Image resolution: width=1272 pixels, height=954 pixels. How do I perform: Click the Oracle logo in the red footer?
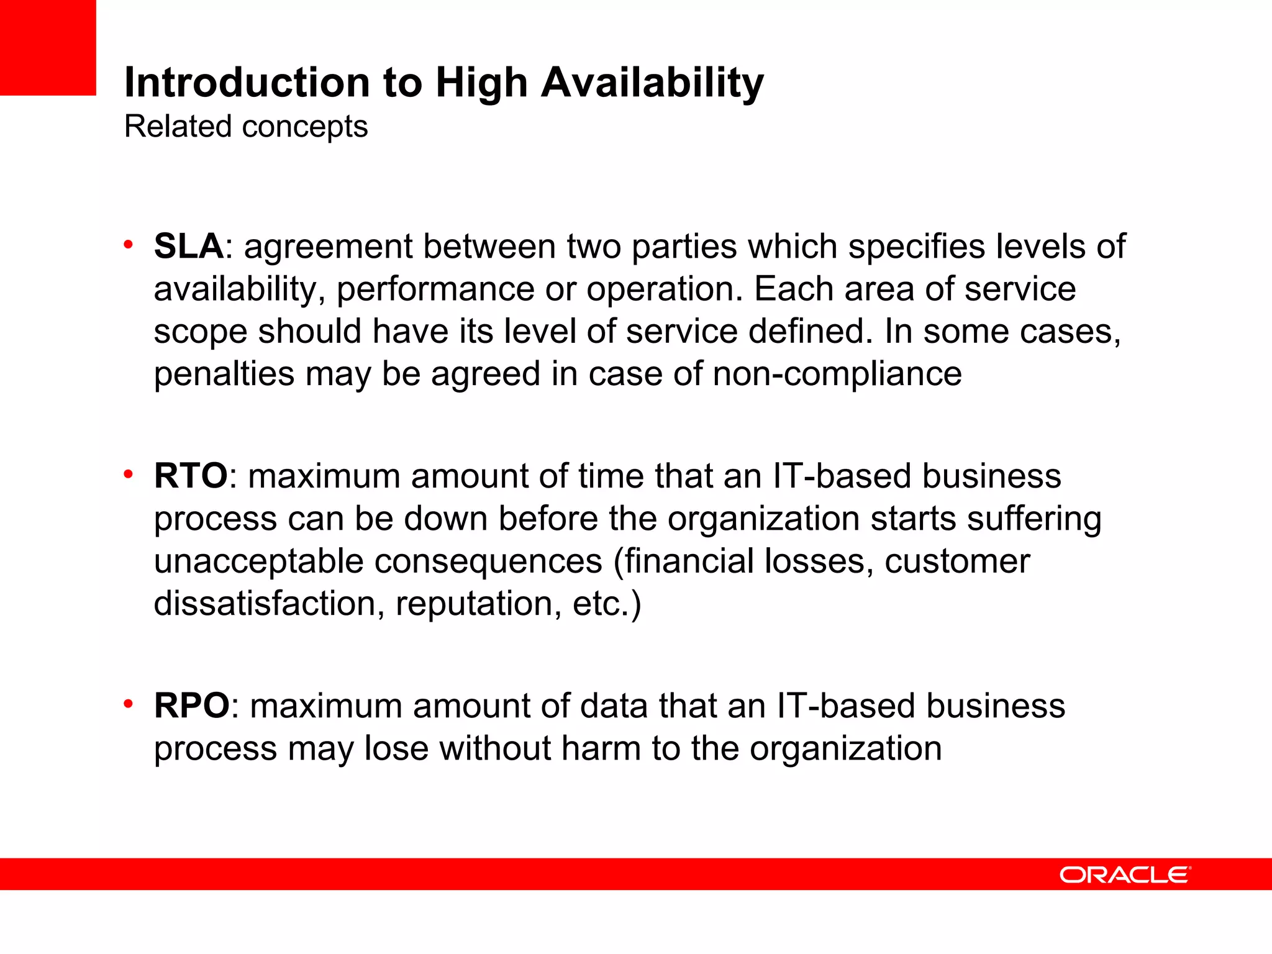(1125, 874)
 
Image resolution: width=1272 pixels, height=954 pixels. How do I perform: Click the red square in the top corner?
(48, 47)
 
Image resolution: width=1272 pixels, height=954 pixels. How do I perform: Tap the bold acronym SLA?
(189, 246)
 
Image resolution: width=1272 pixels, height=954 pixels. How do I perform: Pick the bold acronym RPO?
(192, 706)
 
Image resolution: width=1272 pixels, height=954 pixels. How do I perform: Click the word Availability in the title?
(652, 82)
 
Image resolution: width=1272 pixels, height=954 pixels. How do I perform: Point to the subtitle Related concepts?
(246, 127)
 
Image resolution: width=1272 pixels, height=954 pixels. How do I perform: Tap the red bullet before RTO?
(129, 475)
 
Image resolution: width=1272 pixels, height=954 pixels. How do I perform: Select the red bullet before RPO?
(129, 704)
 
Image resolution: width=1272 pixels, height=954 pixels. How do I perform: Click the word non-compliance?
(837, 374)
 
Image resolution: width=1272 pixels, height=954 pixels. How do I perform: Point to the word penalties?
(224, 374)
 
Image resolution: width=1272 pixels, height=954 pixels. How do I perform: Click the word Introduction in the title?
(248, 82)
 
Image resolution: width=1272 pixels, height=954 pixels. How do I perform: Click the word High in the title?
(481, 82)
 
